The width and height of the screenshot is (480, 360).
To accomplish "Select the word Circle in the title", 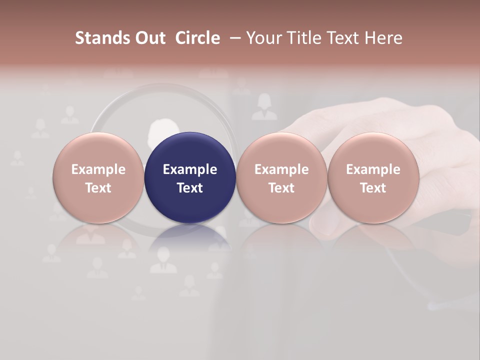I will click(x=197, y=38).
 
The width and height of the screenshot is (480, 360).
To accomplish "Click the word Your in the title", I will click(x=263, y=38).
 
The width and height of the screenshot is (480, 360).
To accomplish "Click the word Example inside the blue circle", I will click(x=190, y=169).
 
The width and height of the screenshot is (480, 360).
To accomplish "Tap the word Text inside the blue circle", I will click(x=190, y=188).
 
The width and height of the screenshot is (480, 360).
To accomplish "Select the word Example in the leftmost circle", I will click(x=98, y=169).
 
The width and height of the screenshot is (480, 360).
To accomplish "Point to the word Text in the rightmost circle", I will click(x=373, y=188).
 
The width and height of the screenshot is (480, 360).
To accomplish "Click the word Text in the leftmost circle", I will click(x=98, y=188).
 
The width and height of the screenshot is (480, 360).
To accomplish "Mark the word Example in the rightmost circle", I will click(x=373, y=169).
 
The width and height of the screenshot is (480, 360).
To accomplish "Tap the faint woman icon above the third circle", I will click(x=264, y=107).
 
